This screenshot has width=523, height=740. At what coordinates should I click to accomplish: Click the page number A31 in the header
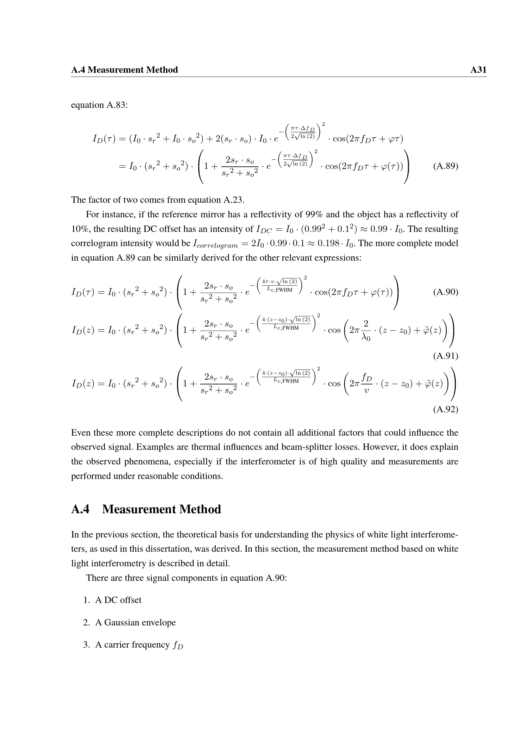click(478, 70)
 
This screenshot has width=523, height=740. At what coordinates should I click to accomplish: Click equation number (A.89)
click(446, 166)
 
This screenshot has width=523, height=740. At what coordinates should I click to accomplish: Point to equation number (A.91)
click(446, 356)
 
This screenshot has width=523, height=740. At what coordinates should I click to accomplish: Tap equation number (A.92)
click(446, 409)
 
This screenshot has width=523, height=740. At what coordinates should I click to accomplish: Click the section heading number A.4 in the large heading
click(80, 510)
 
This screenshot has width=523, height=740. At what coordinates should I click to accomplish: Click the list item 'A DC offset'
click(118, 600)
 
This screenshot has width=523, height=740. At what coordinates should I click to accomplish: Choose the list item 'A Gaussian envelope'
click(135, 622)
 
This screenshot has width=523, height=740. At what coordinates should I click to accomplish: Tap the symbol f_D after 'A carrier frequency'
click(178, 645)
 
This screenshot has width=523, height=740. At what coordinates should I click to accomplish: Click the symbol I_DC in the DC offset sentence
click(264, 229)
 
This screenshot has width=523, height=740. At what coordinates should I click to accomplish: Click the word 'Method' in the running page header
click(163, 70)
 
